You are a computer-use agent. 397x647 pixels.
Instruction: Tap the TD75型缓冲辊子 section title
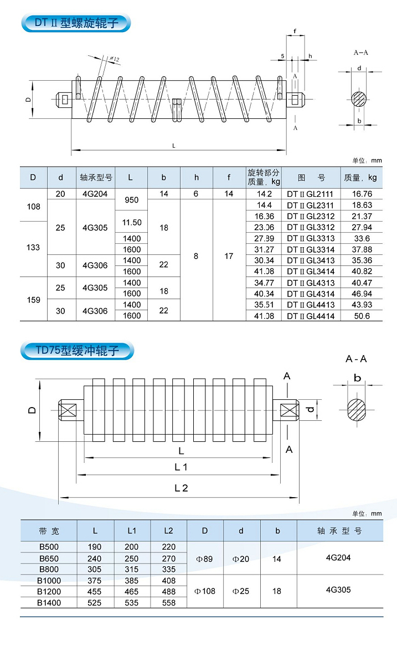click(x=78, y=351)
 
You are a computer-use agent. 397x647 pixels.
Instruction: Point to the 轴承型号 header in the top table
click(x=96, y=178)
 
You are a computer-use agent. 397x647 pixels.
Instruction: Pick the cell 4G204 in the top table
click(x=96, y=194)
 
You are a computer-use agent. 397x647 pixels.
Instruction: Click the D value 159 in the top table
click(x=34, y=300)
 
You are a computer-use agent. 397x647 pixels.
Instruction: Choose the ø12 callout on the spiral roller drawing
click(x=115, y=59)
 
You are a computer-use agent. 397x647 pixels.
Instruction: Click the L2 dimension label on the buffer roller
click(x=181, y=488)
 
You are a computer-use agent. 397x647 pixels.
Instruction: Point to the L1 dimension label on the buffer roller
click(x=181, y=467)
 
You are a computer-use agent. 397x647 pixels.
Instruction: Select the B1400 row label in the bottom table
click(x=49, y=603)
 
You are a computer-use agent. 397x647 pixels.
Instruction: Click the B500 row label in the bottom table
click(x=49, y=547)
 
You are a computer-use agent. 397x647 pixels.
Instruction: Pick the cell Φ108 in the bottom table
click(x=205, y=591)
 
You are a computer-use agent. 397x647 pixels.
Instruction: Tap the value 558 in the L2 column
click(x=168, y=603)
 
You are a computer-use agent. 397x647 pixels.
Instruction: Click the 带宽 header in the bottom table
click(x=49, y=531)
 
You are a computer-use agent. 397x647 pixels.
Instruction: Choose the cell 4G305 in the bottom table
click(x=339, y=589)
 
